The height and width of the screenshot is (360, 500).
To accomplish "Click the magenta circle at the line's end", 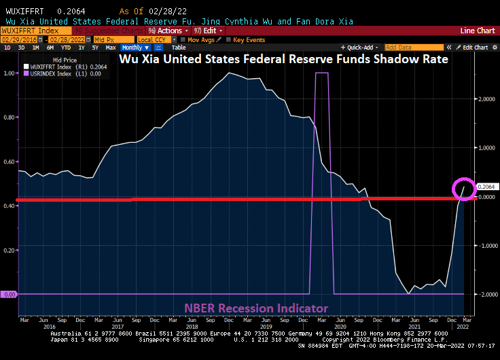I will click(x=465, y=188).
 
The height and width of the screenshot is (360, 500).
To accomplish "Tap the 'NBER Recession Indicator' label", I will click(x=255, y=308).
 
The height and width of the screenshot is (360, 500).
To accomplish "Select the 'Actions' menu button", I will click(x=168, y=31).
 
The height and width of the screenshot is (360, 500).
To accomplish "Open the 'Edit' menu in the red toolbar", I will click(x=209, y=31).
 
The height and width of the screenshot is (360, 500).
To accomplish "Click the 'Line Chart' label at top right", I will click(x=477, y=31).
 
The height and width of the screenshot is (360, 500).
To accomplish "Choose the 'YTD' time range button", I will click(x=66, y=48).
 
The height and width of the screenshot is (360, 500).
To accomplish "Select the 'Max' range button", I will click(x=110, y=48).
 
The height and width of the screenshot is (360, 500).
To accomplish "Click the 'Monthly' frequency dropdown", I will click(x=134, y=48).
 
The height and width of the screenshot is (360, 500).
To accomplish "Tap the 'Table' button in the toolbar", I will click(x=179, y=48).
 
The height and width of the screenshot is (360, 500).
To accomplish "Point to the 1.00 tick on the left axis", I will click(x=10, y=73).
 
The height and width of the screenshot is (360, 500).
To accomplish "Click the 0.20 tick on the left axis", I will click(x=10, y=250).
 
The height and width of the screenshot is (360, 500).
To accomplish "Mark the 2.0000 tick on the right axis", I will click(x=486, y=98).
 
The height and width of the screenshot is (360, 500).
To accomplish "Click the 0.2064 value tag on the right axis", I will click(x=486, y=187).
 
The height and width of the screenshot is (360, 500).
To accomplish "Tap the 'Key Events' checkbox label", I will click(x=249, y=39).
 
